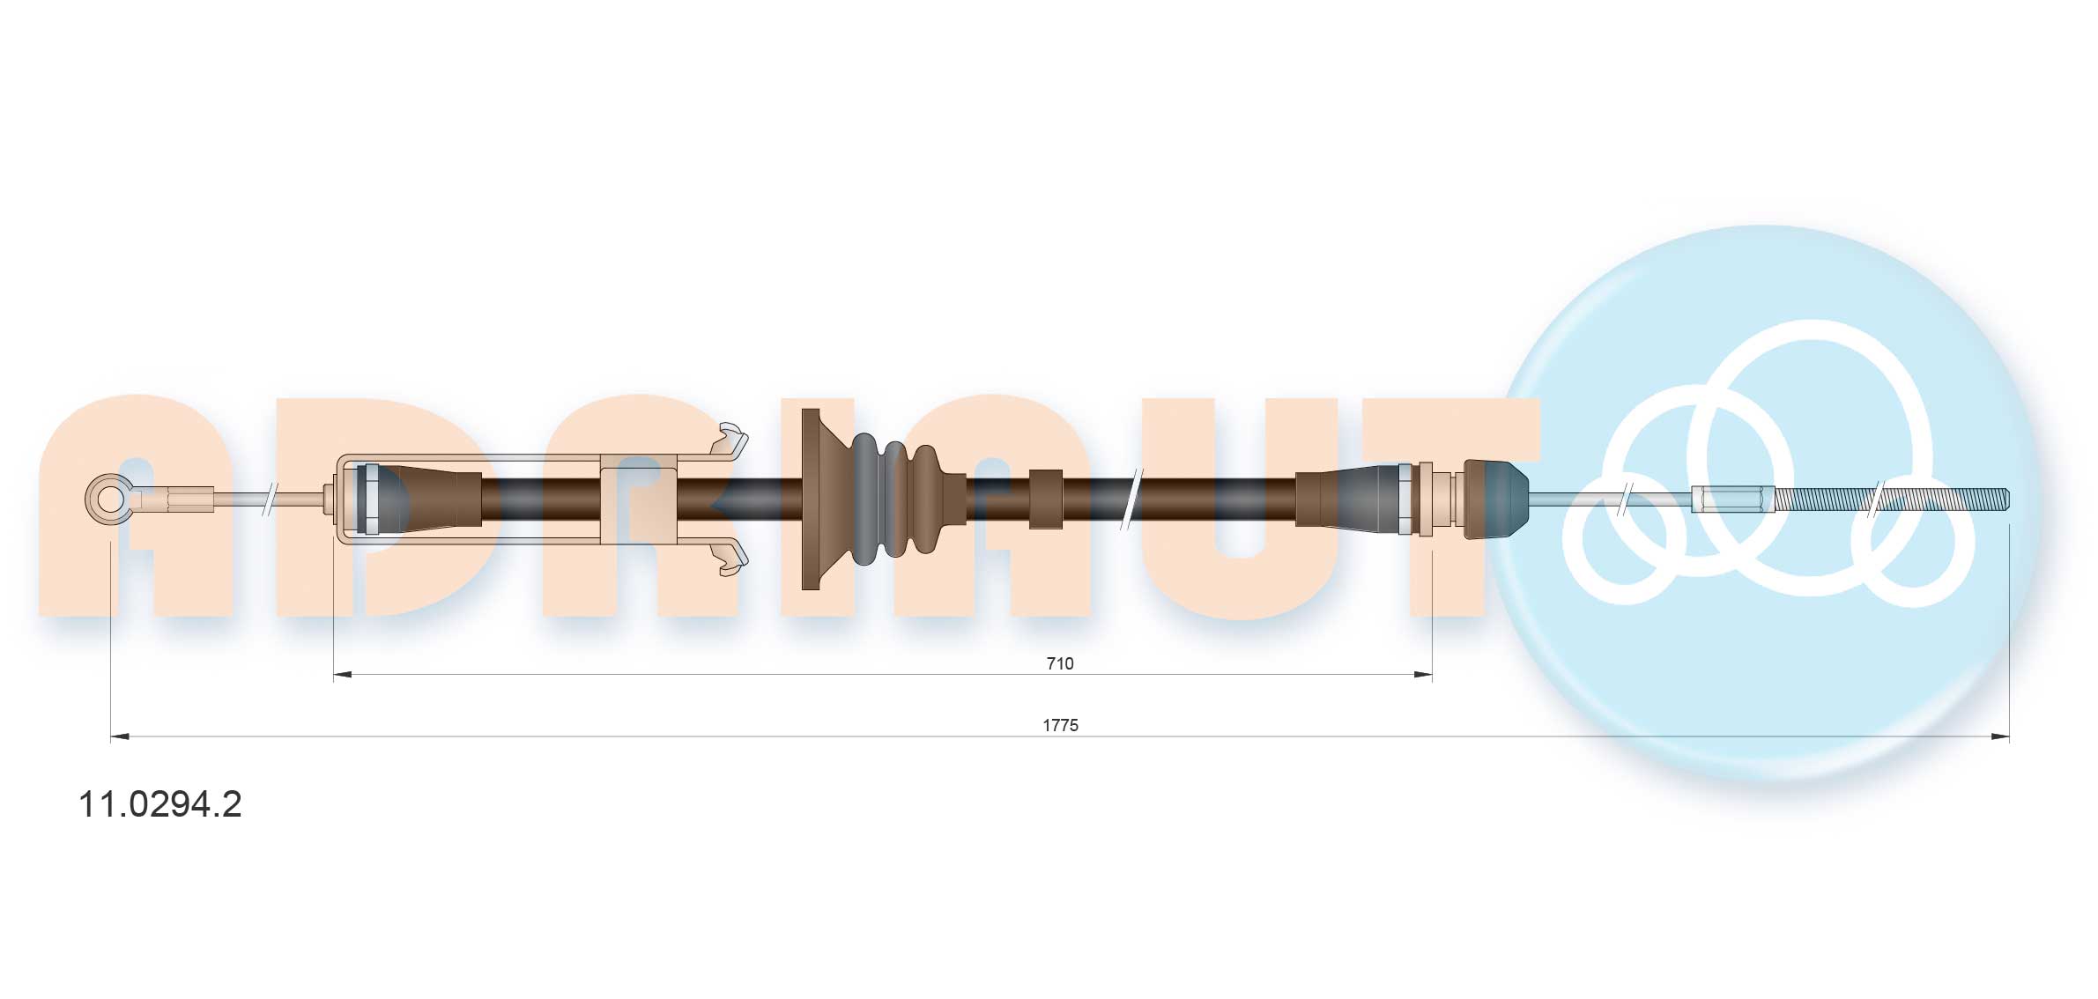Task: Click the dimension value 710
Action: pyautogui.click(x=1060, y=663)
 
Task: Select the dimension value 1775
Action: pyautogui.click(x=1060, y=725)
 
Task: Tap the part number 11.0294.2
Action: pyautogui.click(x=160, y=804)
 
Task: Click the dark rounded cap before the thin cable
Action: pyautogui.click(x=1495, y=499)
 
